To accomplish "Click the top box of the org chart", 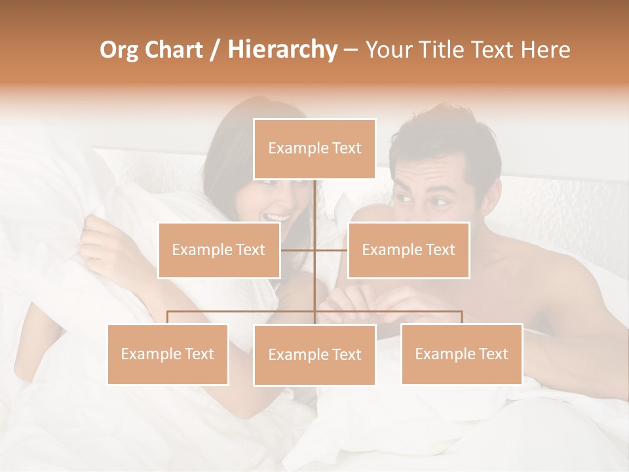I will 314,149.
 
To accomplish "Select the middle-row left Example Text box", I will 219,250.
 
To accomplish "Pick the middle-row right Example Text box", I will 408,250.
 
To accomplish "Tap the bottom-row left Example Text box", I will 168,354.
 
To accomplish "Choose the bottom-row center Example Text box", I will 314,355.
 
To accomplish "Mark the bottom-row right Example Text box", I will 461,354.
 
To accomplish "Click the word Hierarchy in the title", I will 282,50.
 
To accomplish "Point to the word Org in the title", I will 119,50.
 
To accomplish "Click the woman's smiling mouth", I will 276,217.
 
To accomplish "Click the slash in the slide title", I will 215,50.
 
